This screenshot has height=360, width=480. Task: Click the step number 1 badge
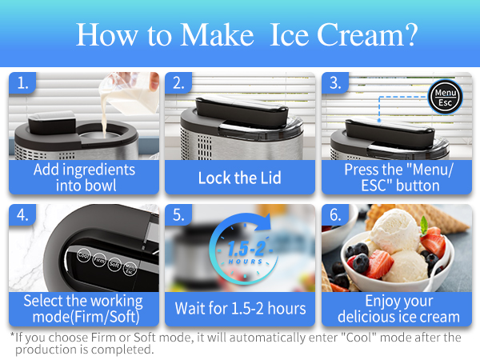[23, 82]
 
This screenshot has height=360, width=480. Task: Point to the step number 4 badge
[23, 215]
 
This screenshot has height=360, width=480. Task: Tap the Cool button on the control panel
[83, 255]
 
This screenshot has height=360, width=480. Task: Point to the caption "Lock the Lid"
[239, 178]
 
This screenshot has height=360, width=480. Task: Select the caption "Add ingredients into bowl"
[83, 178]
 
